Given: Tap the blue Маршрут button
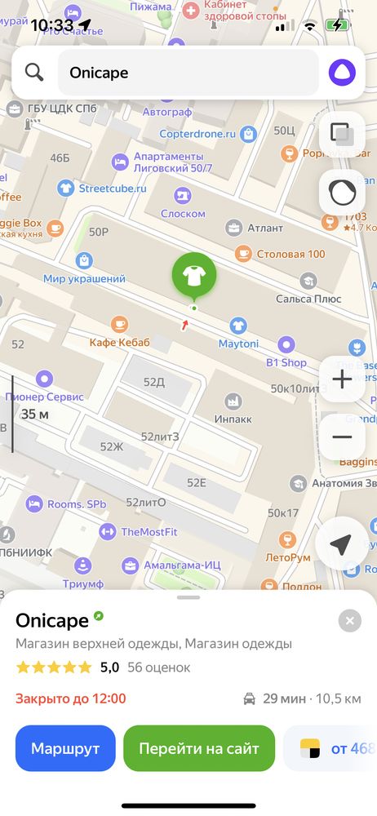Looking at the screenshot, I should coord(65,748).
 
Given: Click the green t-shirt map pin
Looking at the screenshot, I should coord(194,276).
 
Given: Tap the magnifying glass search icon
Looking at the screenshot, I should coord(34,73).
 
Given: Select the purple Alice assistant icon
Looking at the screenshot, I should coord(342,73).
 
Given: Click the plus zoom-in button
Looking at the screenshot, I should coord(342,380).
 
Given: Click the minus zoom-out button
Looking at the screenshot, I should coord(342,437).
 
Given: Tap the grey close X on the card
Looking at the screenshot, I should coord(350,621).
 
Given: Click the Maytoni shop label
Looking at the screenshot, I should coord(238,344).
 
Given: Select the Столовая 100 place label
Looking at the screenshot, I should coord(291,254).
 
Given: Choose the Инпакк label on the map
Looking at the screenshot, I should coord(233,419).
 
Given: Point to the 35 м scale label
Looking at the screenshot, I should coord(35,415).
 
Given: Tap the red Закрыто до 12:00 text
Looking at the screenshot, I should coord(71,698).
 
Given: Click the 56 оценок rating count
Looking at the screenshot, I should coord(159,667).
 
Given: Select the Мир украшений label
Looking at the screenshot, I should coord(85,279).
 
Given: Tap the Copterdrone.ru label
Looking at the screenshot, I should coord(208,134).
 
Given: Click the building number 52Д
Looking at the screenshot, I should coord(153,382).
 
